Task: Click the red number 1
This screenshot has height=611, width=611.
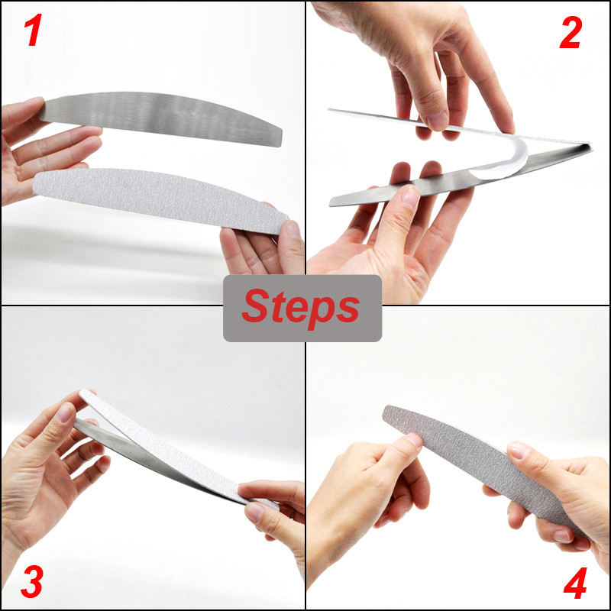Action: point(33,31)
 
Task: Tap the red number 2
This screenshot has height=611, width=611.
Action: point(571,33)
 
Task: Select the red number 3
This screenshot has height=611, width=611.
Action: point(31,582)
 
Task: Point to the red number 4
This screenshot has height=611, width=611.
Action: point(576,583)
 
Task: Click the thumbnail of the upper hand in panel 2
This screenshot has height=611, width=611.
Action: point(438,121)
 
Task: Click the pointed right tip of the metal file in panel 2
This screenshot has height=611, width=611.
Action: point(591,147)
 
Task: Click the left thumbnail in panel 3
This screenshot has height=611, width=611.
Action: point(64,412)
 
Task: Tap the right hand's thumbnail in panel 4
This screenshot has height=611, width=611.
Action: point(519,449)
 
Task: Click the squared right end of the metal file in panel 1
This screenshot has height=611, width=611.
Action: point(280,137)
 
